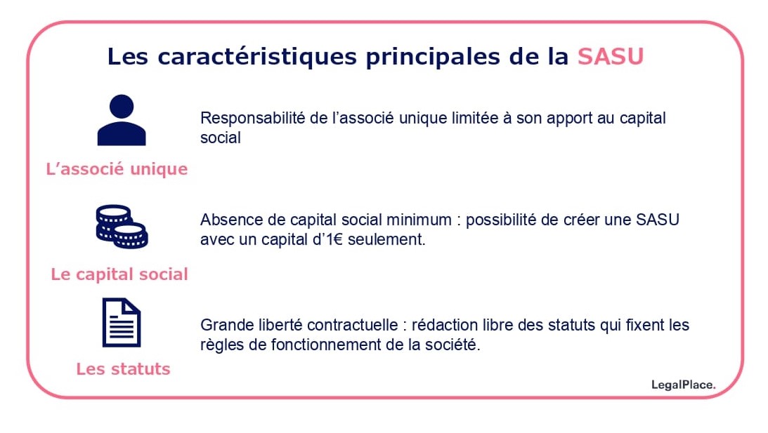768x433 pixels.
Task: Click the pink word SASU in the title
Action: pyautogui.click(x=610, y=57)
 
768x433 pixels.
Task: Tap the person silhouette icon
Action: pyautogui.click(x=122, y=121)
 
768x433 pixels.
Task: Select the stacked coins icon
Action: pyautogui.click(x=122, y=227)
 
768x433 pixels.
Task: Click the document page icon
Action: pyautogui.click(x=122, y=323)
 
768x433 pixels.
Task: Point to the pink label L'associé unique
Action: pyautogui.click(x=117, y=169)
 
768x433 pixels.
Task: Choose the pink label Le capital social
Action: pyautogui.click(x=119, y=274)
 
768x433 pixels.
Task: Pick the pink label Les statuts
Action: pyautogui.click(x=123, y=369)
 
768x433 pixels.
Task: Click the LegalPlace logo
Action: pyautogui.click(x=683, y=385)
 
